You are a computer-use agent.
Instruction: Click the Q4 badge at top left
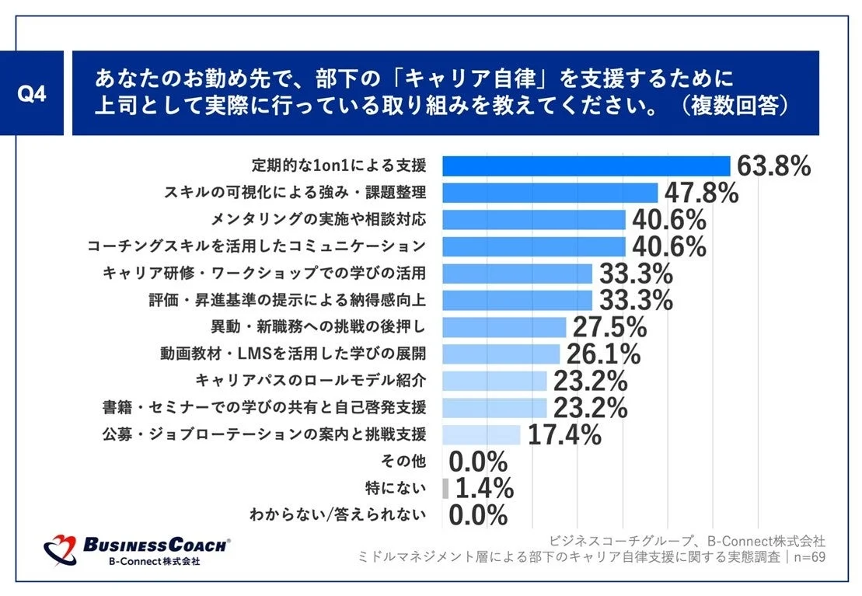click(32, 94)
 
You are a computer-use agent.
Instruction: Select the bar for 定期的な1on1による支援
click(586, 166)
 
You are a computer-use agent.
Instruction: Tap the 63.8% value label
click(774, 166)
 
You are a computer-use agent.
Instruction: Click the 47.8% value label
click(702, 193)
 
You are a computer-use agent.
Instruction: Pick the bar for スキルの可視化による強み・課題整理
click(550, 193)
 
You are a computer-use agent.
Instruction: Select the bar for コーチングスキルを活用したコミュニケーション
click(534, 246)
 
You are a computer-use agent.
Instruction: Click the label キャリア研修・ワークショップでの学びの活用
click(264, 273)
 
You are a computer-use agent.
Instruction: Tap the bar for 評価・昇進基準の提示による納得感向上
click(518, 300)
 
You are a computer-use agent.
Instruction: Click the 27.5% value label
click(609, 326)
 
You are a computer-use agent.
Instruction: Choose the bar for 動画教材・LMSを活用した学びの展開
click(501, 354)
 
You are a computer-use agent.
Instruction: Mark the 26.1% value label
click(603, 354)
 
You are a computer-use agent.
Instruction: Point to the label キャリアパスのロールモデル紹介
click(310, 381)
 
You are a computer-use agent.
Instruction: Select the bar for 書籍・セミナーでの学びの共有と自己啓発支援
click(495, 407)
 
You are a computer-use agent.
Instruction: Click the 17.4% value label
click(564, 434)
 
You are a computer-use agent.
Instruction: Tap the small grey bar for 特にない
click(445, 488)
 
